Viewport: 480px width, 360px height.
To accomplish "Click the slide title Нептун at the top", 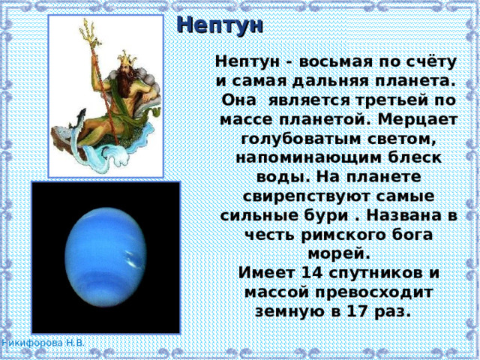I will pyautogui.click(x=220, y=24).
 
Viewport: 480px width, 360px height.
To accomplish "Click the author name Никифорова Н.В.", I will pyautogui.click(x=43, y=343).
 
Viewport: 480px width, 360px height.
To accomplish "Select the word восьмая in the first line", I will pyautogui.click(x=323, y=60).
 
